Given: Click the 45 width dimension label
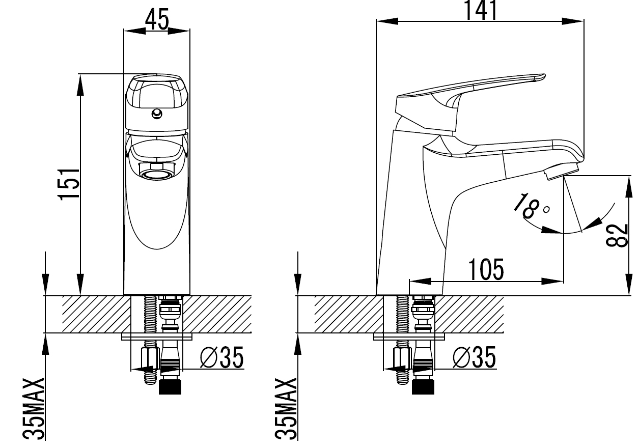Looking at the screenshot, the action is click(157, 20).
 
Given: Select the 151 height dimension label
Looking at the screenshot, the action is click(69, 184).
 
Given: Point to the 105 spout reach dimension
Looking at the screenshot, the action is click(486, 269).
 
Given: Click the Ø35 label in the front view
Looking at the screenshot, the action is click(221, 357).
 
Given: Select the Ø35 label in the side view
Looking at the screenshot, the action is click(475, 357).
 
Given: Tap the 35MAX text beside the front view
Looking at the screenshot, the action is click(34, 409).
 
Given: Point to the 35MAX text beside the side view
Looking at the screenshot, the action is click(286, 409).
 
